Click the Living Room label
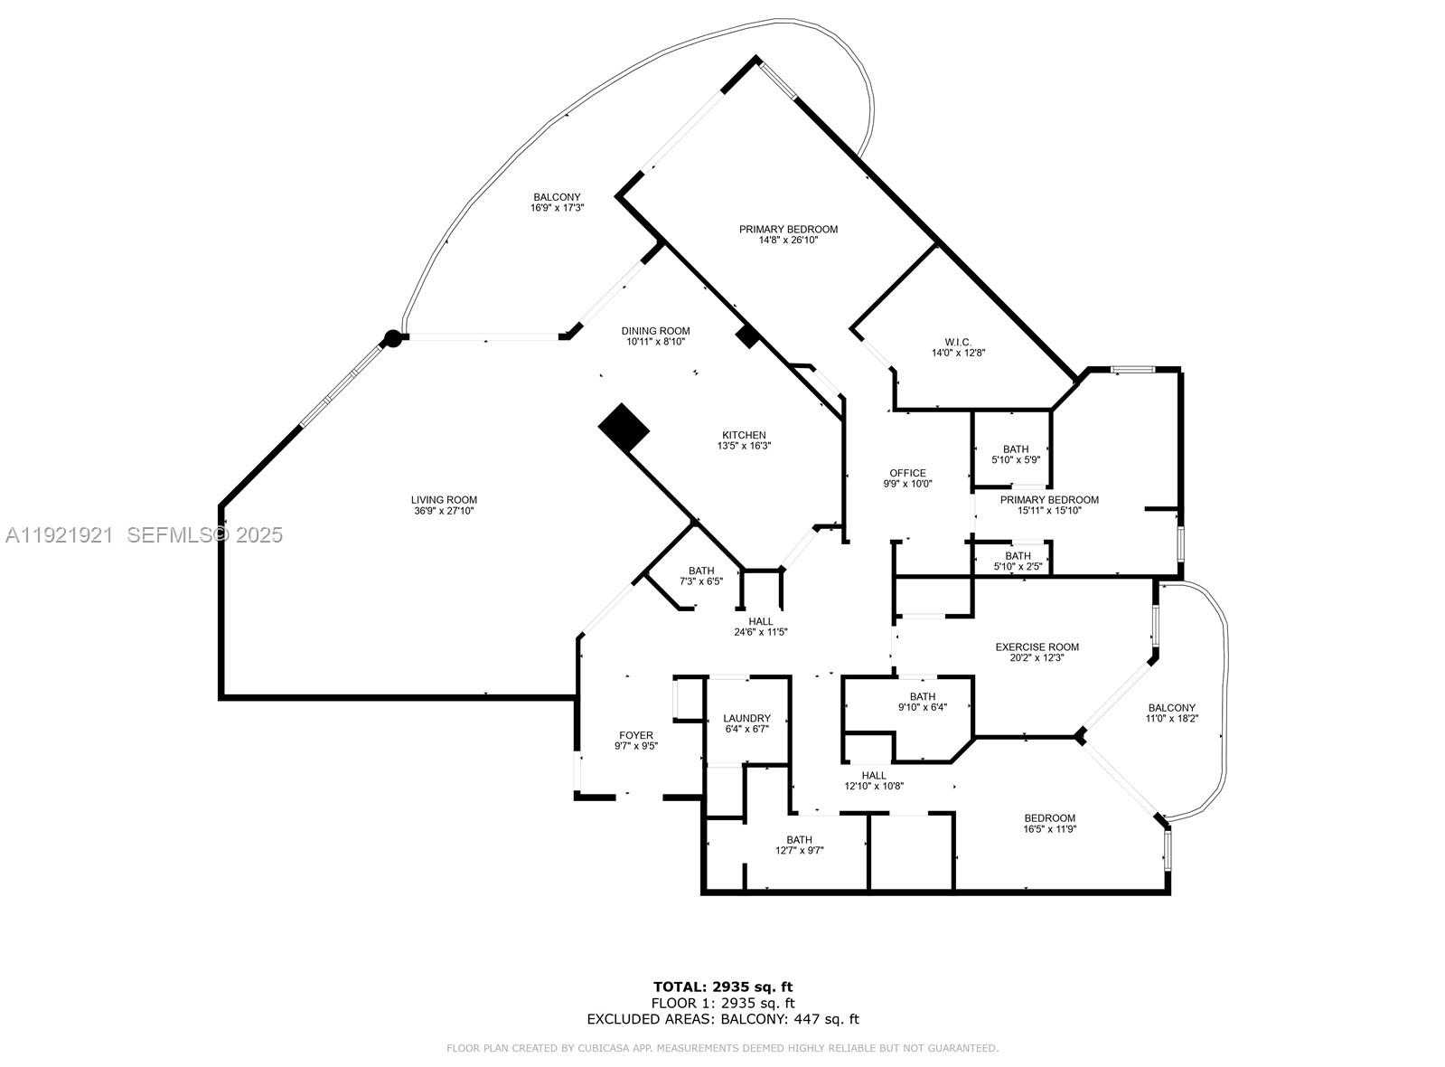pos(444,500)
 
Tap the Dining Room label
pos(655,331)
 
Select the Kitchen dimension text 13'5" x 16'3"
pos(744,446)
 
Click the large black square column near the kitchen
pos(624,427)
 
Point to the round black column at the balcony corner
pos(392,338)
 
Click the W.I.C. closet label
pos(958,342)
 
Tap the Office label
pos(907,473)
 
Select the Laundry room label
pos(746,718)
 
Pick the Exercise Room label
pos(1037,647)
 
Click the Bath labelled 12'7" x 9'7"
pos(799,840)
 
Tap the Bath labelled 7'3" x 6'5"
pos(701,571)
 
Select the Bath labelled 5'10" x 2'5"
pos(1018,556)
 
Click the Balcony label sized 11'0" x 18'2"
pos(1171,708)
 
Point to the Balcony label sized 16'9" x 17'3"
pos(557,197)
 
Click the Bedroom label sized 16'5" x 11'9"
pos(1049,818)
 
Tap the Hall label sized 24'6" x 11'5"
pos(761,621)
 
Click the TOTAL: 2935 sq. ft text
pos(722,987)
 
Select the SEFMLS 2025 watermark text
pos(204,535)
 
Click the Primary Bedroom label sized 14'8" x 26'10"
pos(788,230)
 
